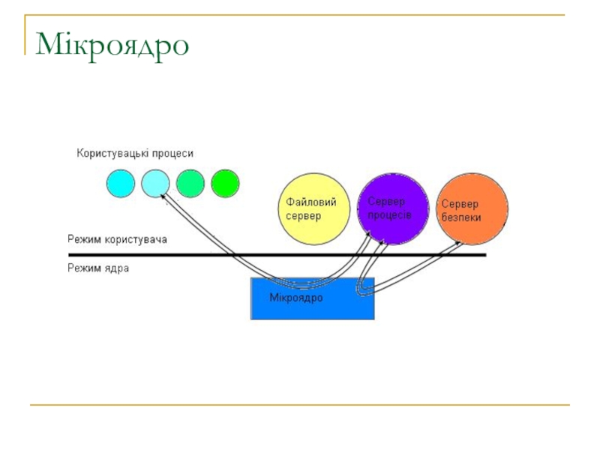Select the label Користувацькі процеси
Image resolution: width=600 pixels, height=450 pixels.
tap(135, 153)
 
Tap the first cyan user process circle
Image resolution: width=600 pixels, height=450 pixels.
tap(120, 183)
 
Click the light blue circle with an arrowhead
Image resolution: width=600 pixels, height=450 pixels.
tap(155, 183)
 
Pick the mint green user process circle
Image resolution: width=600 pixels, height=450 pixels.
tap(190, 183)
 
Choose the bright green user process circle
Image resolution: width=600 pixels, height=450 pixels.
tap(225, 183)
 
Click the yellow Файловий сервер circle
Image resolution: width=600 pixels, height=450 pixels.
tap(314, 209)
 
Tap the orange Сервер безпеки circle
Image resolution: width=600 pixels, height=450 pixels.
tap(472, 209)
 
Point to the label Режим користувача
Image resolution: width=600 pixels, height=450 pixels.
tap(117, 240)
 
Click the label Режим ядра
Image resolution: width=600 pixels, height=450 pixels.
tap(98, 267)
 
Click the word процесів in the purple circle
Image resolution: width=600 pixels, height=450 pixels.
tap(389, 214)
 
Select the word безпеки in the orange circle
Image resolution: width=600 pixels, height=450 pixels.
tap(461, 217)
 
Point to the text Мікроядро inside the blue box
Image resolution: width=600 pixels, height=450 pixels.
tap(295, 298)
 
